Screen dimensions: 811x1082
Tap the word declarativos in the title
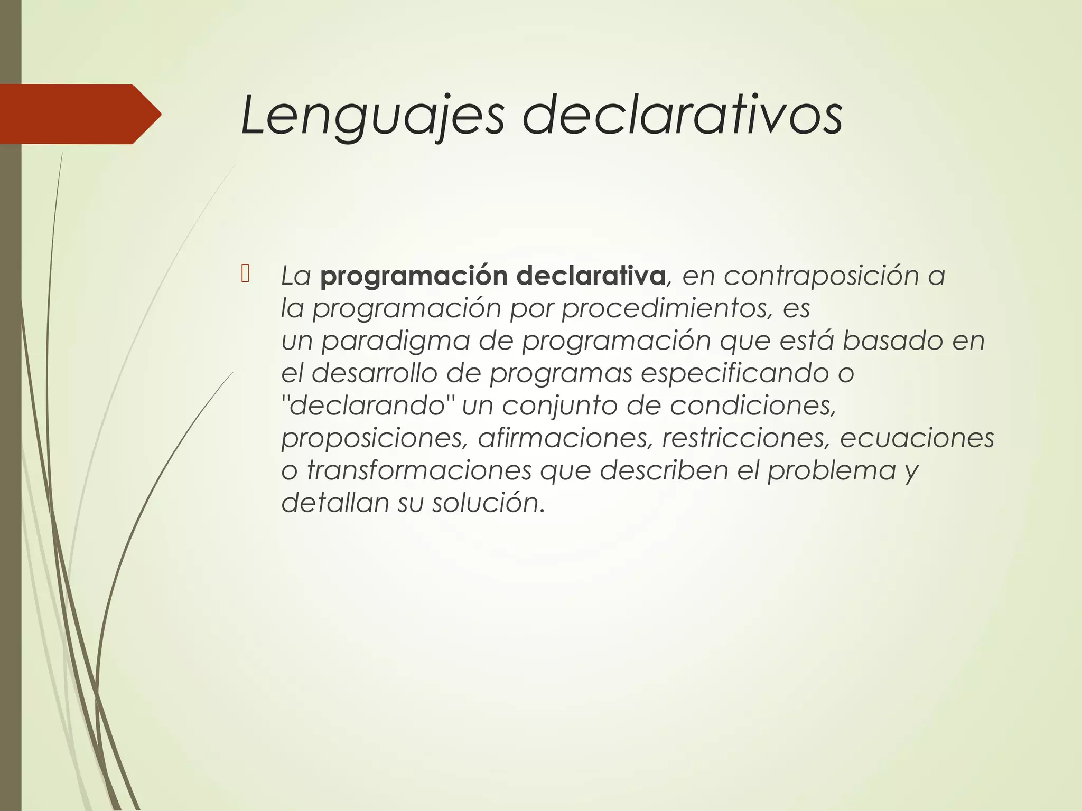(x=682, y=115)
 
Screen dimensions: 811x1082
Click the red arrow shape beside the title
(x=79, y=114)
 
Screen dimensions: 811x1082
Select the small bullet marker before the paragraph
(x=245, y=274)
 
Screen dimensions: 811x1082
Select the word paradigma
(x=396, y=341)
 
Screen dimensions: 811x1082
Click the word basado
(x=892, y=341)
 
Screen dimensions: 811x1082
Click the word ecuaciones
(x=917, y=438)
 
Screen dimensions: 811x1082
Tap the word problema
(x=832, y=470)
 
